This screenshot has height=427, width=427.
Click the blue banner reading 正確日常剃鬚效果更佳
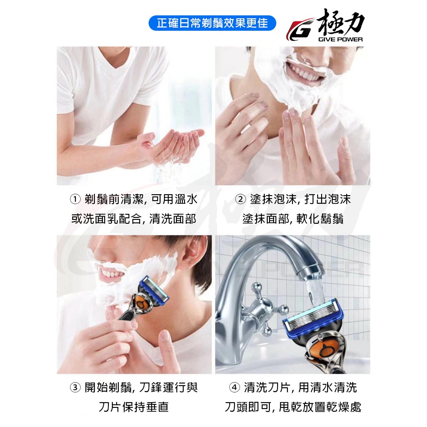(212, 23)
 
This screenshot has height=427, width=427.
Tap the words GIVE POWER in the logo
(340, 39)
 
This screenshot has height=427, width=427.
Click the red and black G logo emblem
(301, 29)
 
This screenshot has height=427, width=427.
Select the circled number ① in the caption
(75, 199)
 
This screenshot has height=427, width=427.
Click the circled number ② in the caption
(240, 199)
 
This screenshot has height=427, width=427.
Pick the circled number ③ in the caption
(75, 388)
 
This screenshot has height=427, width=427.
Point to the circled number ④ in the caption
(234, 388)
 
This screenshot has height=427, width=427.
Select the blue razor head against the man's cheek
(154, 290)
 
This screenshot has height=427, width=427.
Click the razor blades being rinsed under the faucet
(313, 317)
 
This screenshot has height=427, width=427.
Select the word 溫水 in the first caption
(186, 199)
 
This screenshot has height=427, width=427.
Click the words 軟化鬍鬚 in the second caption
(320, 219)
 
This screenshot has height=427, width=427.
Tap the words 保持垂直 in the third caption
(146, 407)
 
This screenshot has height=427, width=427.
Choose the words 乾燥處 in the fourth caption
(344, 407)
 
